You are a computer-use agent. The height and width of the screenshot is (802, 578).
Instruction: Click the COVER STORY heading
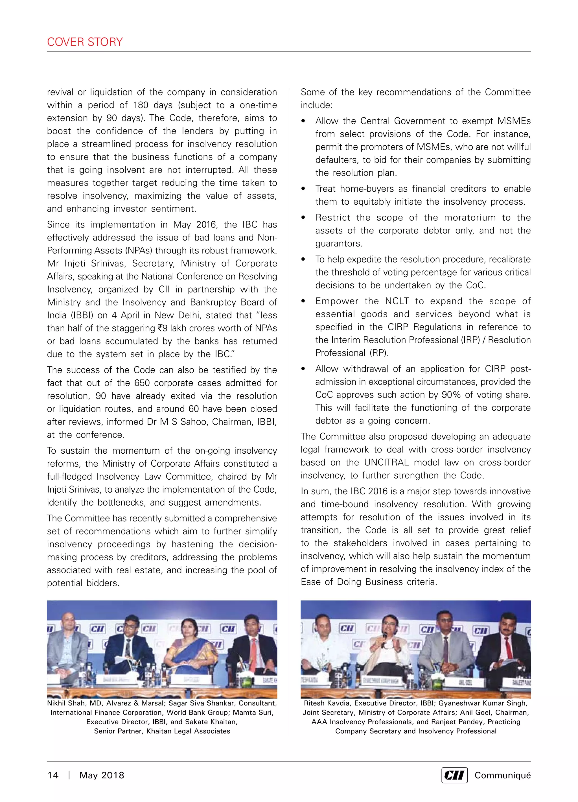point(85,42)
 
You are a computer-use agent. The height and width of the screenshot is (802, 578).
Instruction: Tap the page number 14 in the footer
point(53,775)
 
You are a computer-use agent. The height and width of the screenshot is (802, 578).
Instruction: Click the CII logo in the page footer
point(454,775)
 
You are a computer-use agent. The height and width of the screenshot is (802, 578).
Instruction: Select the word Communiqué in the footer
point(502,775)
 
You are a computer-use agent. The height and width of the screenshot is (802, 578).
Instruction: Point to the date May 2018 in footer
point(102,775)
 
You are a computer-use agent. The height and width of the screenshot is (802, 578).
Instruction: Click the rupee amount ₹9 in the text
point(163,328)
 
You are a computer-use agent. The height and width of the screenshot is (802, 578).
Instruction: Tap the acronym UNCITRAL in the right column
point(386,462)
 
